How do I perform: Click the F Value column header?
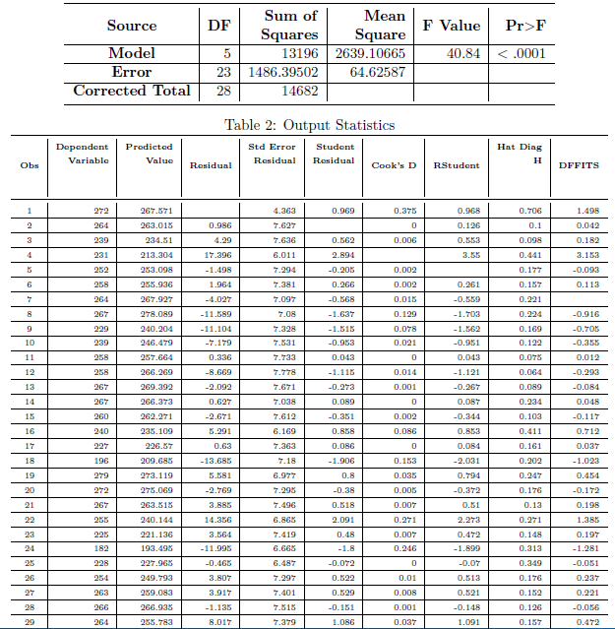pos(451,25)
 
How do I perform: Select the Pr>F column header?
pos(520,25)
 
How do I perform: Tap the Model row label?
pos(131,53)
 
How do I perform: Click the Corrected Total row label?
pos(131,91)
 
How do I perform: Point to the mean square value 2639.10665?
pos(370,53)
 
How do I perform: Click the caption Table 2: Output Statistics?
pos(309,125)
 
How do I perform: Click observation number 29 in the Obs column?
pos(30,621)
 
